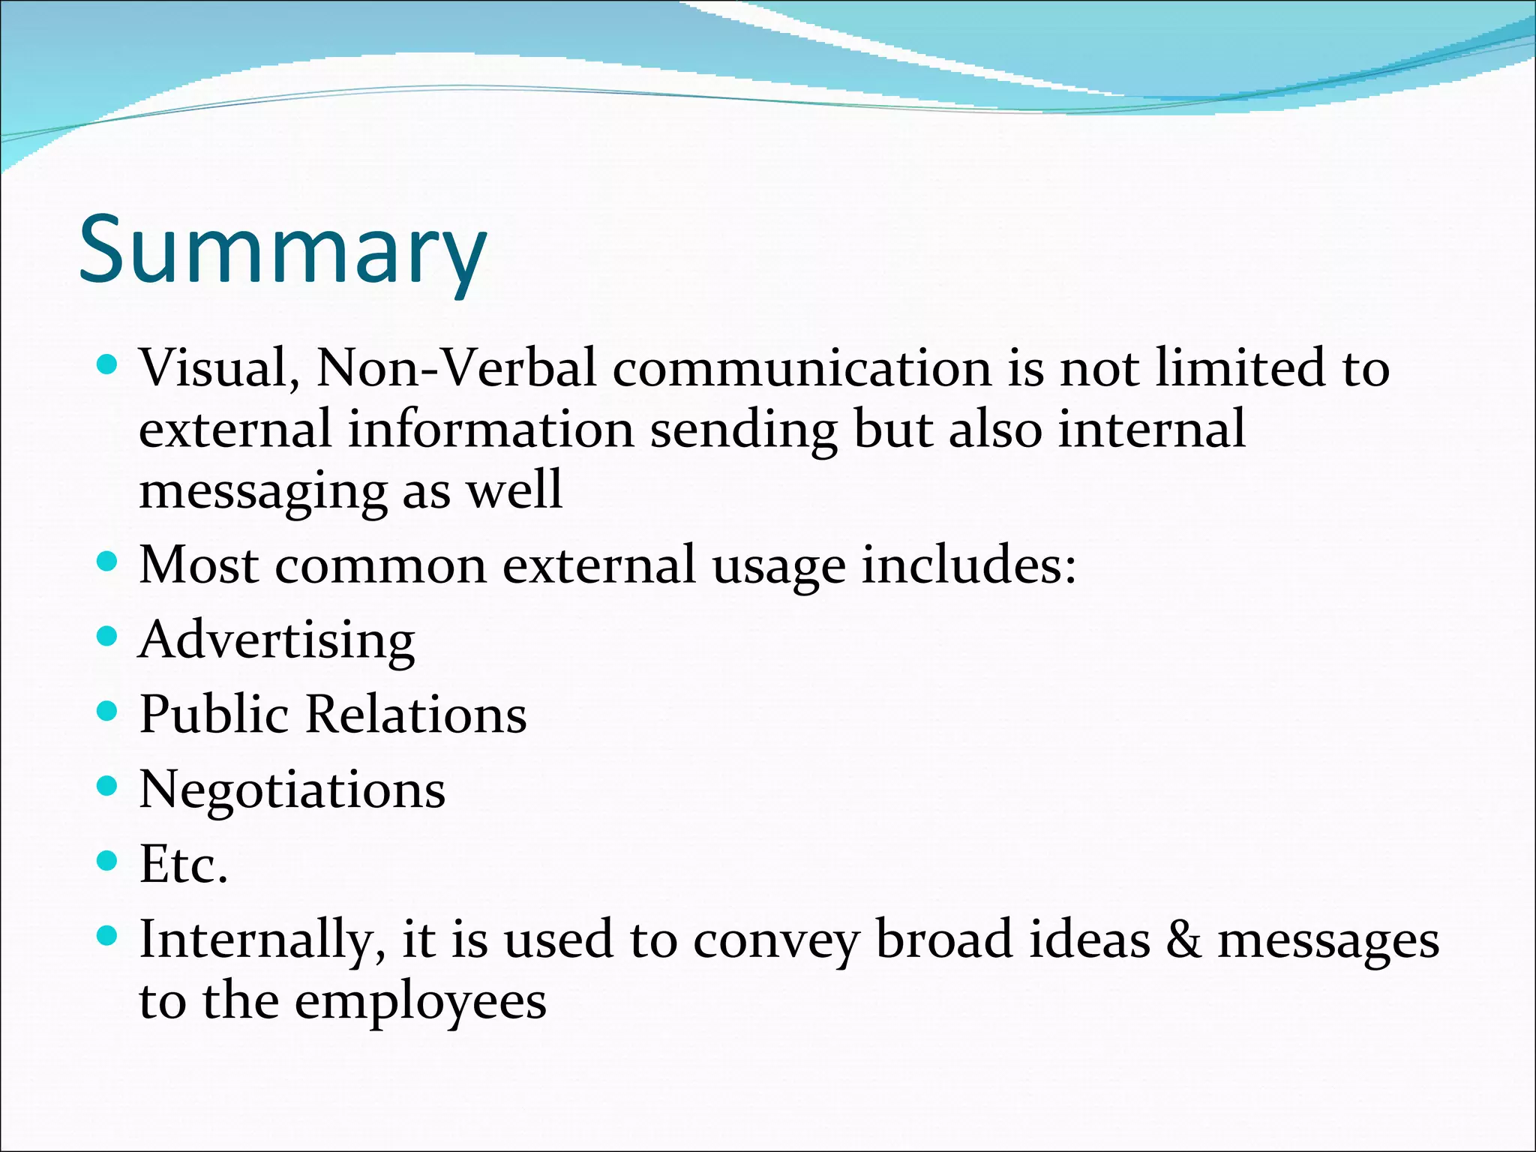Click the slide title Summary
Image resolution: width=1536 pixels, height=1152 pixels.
283,249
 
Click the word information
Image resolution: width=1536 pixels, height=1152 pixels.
490,430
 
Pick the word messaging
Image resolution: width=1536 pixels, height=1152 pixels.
262,492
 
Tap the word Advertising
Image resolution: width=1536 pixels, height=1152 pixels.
277,640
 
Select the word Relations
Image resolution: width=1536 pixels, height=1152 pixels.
416,714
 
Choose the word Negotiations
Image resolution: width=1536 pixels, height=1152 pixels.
292,790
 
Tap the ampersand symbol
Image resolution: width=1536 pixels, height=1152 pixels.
1183,940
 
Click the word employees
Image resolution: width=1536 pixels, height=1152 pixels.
420,1002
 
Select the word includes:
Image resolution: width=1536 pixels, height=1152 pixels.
968,565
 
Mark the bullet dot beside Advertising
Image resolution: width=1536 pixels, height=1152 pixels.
108,637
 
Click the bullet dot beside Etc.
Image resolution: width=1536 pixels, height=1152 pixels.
108,860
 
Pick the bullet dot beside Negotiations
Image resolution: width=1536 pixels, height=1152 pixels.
108,786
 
